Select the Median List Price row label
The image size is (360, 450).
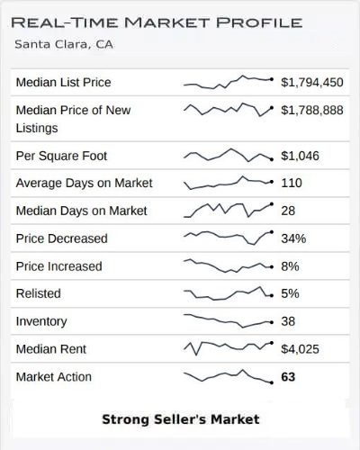(64, 83)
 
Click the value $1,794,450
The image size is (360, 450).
(311, 83)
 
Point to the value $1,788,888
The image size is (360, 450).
(311, 111)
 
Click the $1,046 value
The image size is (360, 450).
(299, 156)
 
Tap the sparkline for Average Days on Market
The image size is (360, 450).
(228, 183)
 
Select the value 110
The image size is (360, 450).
(292, 184)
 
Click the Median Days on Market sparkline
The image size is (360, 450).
(228, 211)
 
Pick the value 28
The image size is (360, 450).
(289, 211)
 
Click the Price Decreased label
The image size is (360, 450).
(61, 238)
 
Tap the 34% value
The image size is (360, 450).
(293, 239)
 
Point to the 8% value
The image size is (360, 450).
(290, 266)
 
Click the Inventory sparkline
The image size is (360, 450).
(228, 319)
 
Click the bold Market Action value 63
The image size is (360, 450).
(288, 377)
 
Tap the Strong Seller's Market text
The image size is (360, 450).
(180, 419)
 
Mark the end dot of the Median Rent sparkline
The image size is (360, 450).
(272, 347)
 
